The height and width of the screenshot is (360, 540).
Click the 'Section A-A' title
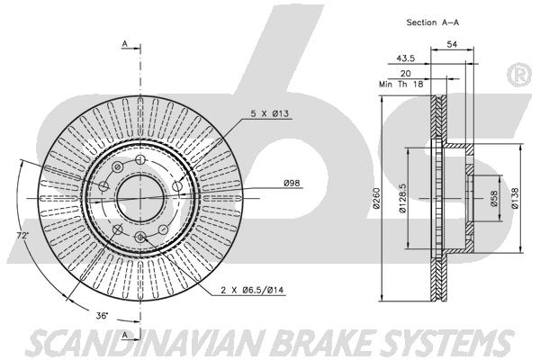point(433,22)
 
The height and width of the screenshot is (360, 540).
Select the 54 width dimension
point(452,44)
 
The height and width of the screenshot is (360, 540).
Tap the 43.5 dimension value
point(405,58)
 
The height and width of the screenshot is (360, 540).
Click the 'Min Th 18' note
point(400,84)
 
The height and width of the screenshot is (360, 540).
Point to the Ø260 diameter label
point(376,198)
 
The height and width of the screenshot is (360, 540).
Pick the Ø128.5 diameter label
point(403,198)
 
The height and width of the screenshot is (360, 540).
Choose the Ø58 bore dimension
point(494,199)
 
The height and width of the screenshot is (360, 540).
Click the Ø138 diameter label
point(515,198)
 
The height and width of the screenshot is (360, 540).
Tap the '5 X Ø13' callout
point(269,113)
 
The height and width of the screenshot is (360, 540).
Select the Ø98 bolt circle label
point(292,183)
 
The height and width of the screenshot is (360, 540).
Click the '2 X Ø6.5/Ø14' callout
point(252,291)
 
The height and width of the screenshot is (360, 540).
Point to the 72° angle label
point(23,236)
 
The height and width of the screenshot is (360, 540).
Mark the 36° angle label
point(103,315)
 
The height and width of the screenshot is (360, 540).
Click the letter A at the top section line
point(125,44)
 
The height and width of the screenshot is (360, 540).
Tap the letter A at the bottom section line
point(125,335)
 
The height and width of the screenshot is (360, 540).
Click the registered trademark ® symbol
point(519,75)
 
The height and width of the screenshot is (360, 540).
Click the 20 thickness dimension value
point(405,74)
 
